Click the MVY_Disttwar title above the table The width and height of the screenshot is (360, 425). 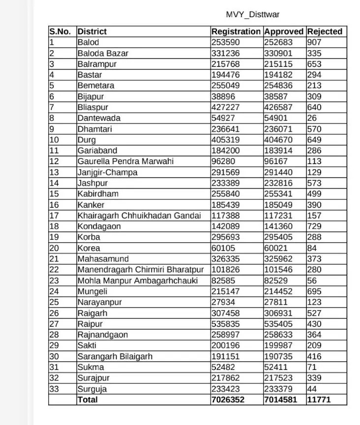[253, 15]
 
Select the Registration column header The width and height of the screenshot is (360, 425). [236, 31]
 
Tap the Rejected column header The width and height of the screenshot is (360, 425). [325, 31]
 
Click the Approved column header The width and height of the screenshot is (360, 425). [284, 31]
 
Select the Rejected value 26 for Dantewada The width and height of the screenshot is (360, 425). [312, 118]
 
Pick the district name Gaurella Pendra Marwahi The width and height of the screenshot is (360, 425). [125, 161]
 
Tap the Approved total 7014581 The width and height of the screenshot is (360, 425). [281, 400]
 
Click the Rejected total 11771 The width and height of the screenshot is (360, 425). [319, 400]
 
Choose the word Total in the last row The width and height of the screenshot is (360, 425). [88, 400]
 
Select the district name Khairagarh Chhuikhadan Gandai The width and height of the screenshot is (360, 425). [139, 215]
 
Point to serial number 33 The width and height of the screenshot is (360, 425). [54, 389]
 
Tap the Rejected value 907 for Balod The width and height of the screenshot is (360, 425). [314, 42]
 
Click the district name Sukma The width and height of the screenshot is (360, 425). [91, 367]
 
